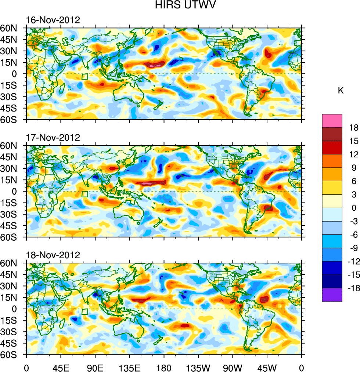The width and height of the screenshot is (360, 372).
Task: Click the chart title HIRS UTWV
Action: click(180, 5)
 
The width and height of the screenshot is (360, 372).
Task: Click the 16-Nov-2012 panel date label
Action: click(53, 20)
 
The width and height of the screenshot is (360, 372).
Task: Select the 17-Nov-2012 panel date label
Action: click(53, 138)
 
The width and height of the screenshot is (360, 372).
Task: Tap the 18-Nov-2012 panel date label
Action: click(53, 255)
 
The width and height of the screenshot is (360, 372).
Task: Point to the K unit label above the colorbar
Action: click(341, 90)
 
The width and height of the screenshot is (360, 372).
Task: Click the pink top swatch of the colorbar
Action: click(332, 121)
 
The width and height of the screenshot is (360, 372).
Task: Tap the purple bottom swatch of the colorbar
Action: click(332, 295)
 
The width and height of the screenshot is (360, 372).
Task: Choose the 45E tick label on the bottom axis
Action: click(61, 367)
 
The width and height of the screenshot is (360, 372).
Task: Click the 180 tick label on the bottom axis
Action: click(164, 367)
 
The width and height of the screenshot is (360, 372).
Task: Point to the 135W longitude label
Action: click(198, 367)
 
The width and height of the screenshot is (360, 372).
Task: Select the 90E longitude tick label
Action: click(95, 367)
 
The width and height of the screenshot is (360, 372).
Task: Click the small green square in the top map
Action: click(85, 77)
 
